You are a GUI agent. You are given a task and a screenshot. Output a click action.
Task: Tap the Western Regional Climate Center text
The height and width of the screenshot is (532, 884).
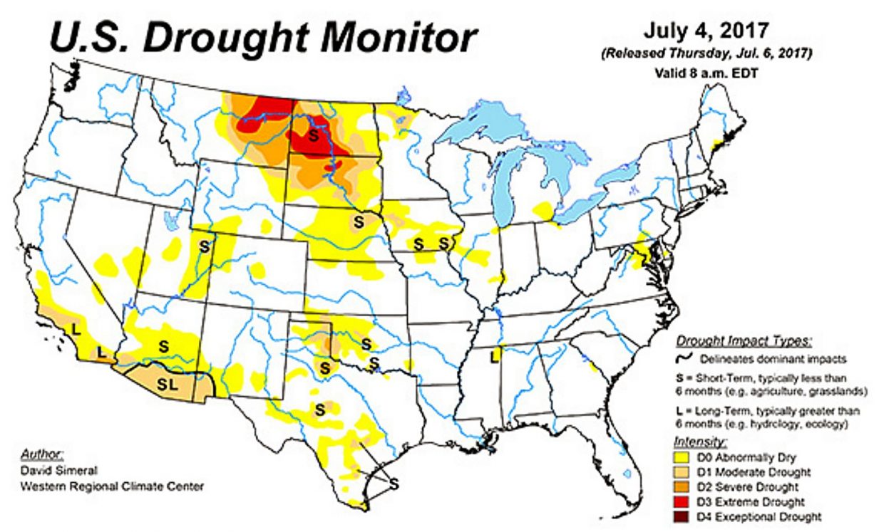[112, 486]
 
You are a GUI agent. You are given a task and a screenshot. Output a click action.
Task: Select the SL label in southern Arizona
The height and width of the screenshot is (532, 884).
[167, 385]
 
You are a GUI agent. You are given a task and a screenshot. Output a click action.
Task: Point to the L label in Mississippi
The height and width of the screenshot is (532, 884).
[493, 353]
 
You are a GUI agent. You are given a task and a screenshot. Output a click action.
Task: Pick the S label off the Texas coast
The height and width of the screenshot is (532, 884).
[393, 483]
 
